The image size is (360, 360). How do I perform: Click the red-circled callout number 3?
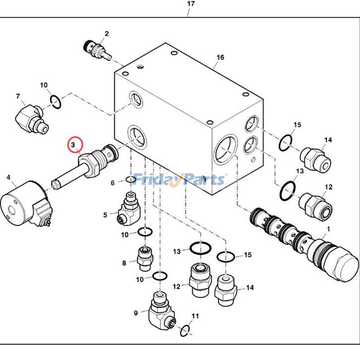click(73, 145)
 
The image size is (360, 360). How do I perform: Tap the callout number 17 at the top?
click(191, 4)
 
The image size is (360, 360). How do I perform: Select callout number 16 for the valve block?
click(220, 57)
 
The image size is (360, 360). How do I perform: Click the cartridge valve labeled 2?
click(98, 50)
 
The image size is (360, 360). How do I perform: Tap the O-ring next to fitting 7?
click(55, 102)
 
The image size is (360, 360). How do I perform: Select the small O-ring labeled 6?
click(131, 180)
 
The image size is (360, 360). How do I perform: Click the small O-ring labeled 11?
click(185, 331)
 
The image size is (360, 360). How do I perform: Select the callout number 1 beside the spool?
click(328, 229)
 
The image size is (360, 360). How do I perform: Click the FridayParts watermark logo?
click(180, 179)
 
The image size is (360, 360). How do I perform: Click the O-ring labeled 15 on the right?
click(286, 143)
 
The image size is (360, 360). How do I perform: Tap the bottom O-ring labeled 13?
click(201, 248)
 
